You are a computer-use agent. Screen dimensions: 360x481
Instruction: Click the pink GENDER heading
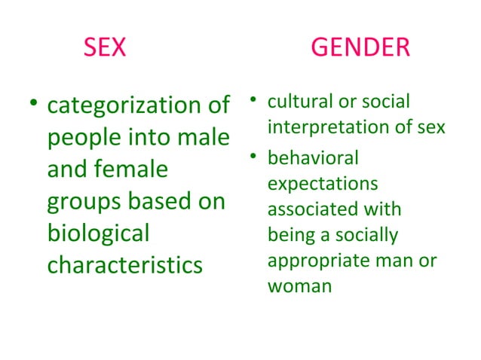(x=360, y=48)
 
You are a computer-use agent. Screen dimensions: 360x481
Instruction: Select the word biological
(x=99, y=233)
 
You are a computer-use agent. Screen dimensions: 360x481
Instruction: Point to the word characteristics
(x=125, y=265)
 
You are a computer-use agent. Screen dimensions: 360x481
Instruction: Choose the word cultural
(x=297, y=102)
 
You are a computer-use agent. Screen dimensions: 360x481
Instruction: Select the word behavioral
(x=313, y=159)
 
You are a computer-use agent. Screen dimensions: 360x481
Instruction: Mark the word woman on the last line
(x=299, y=285)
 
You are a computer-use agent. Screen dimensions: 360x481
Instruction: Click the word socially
(x=369, y=233)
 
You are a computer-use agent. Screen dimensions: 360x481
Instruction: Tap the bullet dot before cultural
(x=256, y=100)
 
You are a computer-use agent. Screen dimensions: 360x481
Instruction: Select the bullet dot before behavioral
(x=256, y=157)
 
